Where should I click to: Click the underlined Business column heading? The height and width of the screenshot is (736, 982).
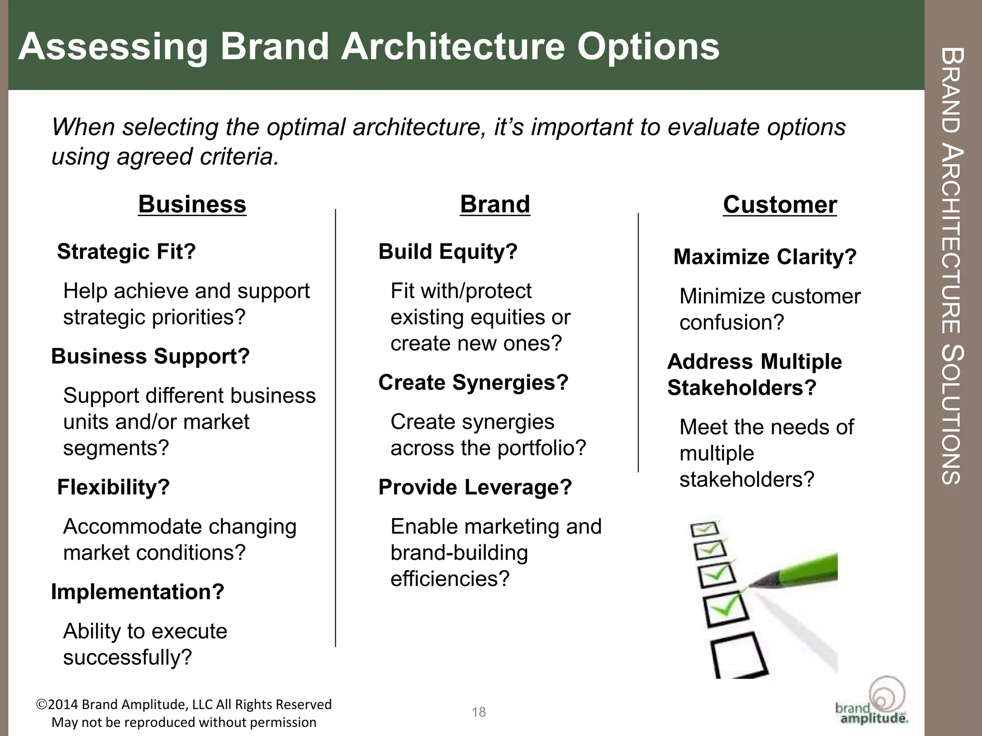[x=192, y=205]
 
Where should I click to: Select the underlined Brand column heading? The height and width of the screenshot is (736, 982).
[x=495, y=205]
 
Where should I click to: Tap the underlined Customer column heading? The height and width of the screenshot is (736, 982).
[x=780, y=205]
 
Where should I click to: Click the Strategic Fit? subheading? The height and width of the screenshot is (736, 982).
[x=127, y=252]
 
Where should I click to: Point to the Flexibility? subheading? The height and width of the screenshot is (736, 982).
[x=114, y=487]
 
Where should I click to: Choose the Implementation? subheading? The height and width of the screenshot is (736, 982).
[x=138, y=592]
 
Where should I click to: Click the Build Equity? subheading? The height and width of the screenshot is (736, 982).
[x=448, y=252]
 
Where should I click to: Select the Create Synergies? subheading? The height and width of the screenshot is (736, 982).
[x=473, y=382]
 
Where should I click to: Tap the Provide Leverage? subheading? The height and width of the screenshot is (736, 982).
[x=475, y=487]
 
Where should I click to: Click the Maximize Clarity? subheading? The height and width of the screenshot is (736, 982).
[x=765, y=257]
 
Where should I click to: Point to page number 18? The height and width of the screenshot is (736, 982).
[x=479, y=712]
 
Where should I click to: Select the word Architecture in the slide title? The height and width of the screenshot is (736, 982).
[x=453, y=47]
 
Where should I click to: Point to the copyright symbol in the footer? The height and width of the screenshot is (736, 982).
[x=41, y=704]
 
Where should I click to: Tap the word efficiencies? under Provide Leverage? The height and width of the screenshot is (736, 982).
[x=449, y=579]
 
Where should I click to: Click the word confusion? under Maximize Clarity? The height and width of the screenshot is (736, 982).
[x=731, y=322]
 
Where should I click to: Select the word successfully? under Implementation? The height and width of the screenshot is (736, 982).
[x=128, y=657]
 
